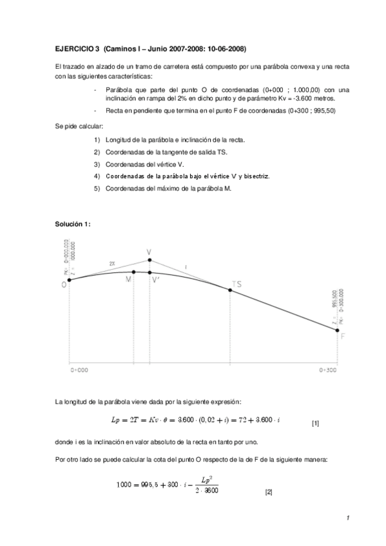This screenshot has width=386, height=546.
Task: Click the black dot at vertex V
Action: (150, 260)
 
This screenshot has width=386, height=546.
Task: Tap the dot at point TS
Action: (230, 290)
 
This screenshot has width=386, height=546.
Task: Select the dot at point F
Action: (337, 330)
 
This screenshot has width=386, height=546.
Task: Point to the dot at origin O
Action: (70, 280)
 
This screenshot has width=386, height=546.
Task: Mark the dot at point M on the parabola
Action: (133, 272)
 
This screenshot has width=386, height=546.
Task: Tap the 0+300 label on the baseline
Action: (329, 371)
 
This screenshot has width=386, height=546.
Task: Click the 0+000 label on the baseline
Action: (79, 371)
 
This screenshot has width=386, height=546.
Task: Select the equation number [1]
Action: (315, 424)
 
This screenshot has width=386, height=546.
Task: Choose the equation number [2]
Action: (269, 493)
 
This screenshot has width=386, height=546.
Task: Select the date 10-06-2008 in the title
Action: (224, 49)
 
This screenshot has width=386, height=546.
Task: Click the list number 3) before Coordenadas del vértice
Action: (97, 164)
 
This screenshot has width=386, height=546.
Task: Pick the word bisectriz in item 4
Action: (255, 176)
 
